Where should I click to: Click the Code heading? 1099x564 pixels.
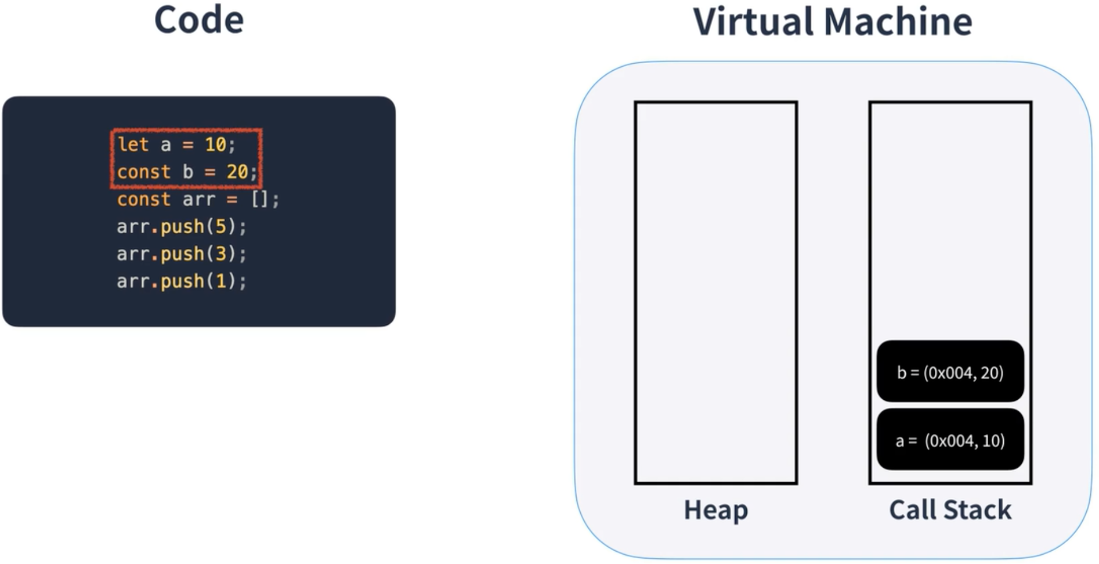coord(198,20)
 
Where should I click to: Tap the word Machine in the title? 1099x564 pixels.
coord(898,22)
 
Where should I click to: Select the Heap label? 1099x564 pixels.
coord(715,510)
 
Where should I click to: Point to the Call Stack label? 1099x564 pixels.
coord(950,510)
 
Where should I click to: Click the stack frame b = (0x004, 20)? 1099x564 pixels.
coord(950,371)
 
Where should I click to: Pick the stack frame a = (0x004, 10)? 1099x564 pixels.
coord(950,440)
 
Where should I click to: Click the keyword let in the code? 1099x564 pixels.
coord(133,144)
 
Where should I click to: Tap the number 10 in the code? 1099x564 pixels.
coord(215,144)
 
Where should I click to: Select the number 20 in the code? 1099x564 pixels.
coord(237,172)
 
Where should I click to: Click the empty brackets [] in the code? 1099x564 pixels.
coord(259,200)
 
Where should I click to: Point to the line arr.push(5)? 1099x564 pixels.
coord(182,226)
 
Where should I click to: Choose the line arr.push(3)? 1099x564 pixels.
coord(182,254)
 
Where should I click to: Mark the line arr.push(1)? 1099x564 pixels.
coord(182,281)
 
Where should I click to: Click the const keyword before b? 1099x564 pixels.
coord(144,172)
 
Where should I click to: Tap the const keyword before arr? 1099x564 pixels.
coord(144,200)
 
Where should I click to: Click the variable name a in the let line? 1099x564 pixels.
coord(166,144)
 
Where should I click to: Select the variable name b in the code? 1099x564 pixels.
coord(188,172)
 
